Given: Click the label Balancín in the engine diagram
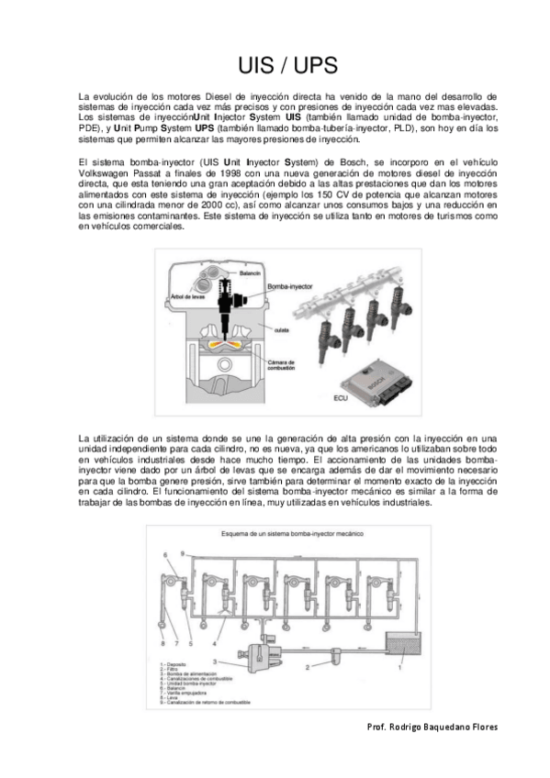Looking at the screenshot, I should (x=252, y=273).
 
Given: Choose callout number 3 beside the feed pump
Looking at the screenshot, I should (x=214, y=661).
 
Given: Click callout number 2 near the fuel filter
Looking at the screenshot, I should (x=308, y=666).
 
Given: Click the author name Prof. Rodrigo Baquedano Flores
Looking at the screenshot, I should (x=432, y=727).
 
